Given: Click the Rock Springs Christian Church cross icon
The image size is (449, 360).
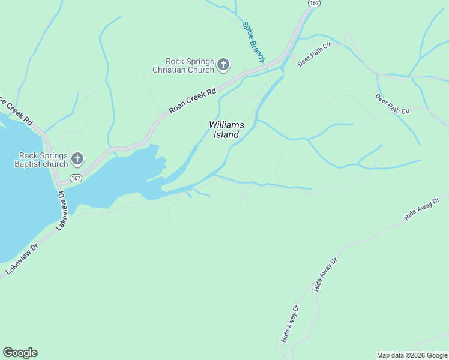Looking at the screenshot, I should tap(223, 65).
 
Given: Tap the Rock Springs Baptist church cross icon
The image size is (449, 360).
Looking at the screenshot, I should tap(77, 159).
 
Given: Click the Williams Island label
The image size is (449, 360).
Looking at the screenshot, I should tap(227, 130).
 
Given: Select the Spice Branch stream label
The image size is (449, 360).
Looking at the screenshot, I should tap(253, 42).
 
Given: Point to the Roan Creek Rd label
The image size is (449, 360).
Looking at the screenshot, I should tap(192, 101).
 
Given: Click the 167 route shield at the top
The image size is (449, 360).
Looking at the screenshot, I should tap(314, 3).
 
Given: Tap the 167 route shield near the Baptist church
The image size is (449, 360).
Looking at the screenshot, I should tap(75, 178).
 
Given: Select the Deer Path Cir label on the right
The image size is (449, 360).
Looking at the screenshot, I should tap(392, 103).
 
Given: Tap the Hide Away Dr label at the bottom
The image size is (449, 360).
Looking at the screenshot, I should tap(290, 325).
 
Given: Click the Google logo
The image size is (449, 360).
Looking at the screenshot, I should tap(20, 353).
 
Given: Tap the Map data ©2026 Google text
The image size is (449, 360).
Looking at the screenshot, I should tap(411, 355).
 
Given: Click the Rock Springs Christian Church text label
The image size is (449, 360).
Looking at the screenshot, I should tap(184, 65).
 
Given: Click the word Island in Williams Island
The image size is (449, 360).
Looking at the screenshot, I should tap(227, 135).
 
